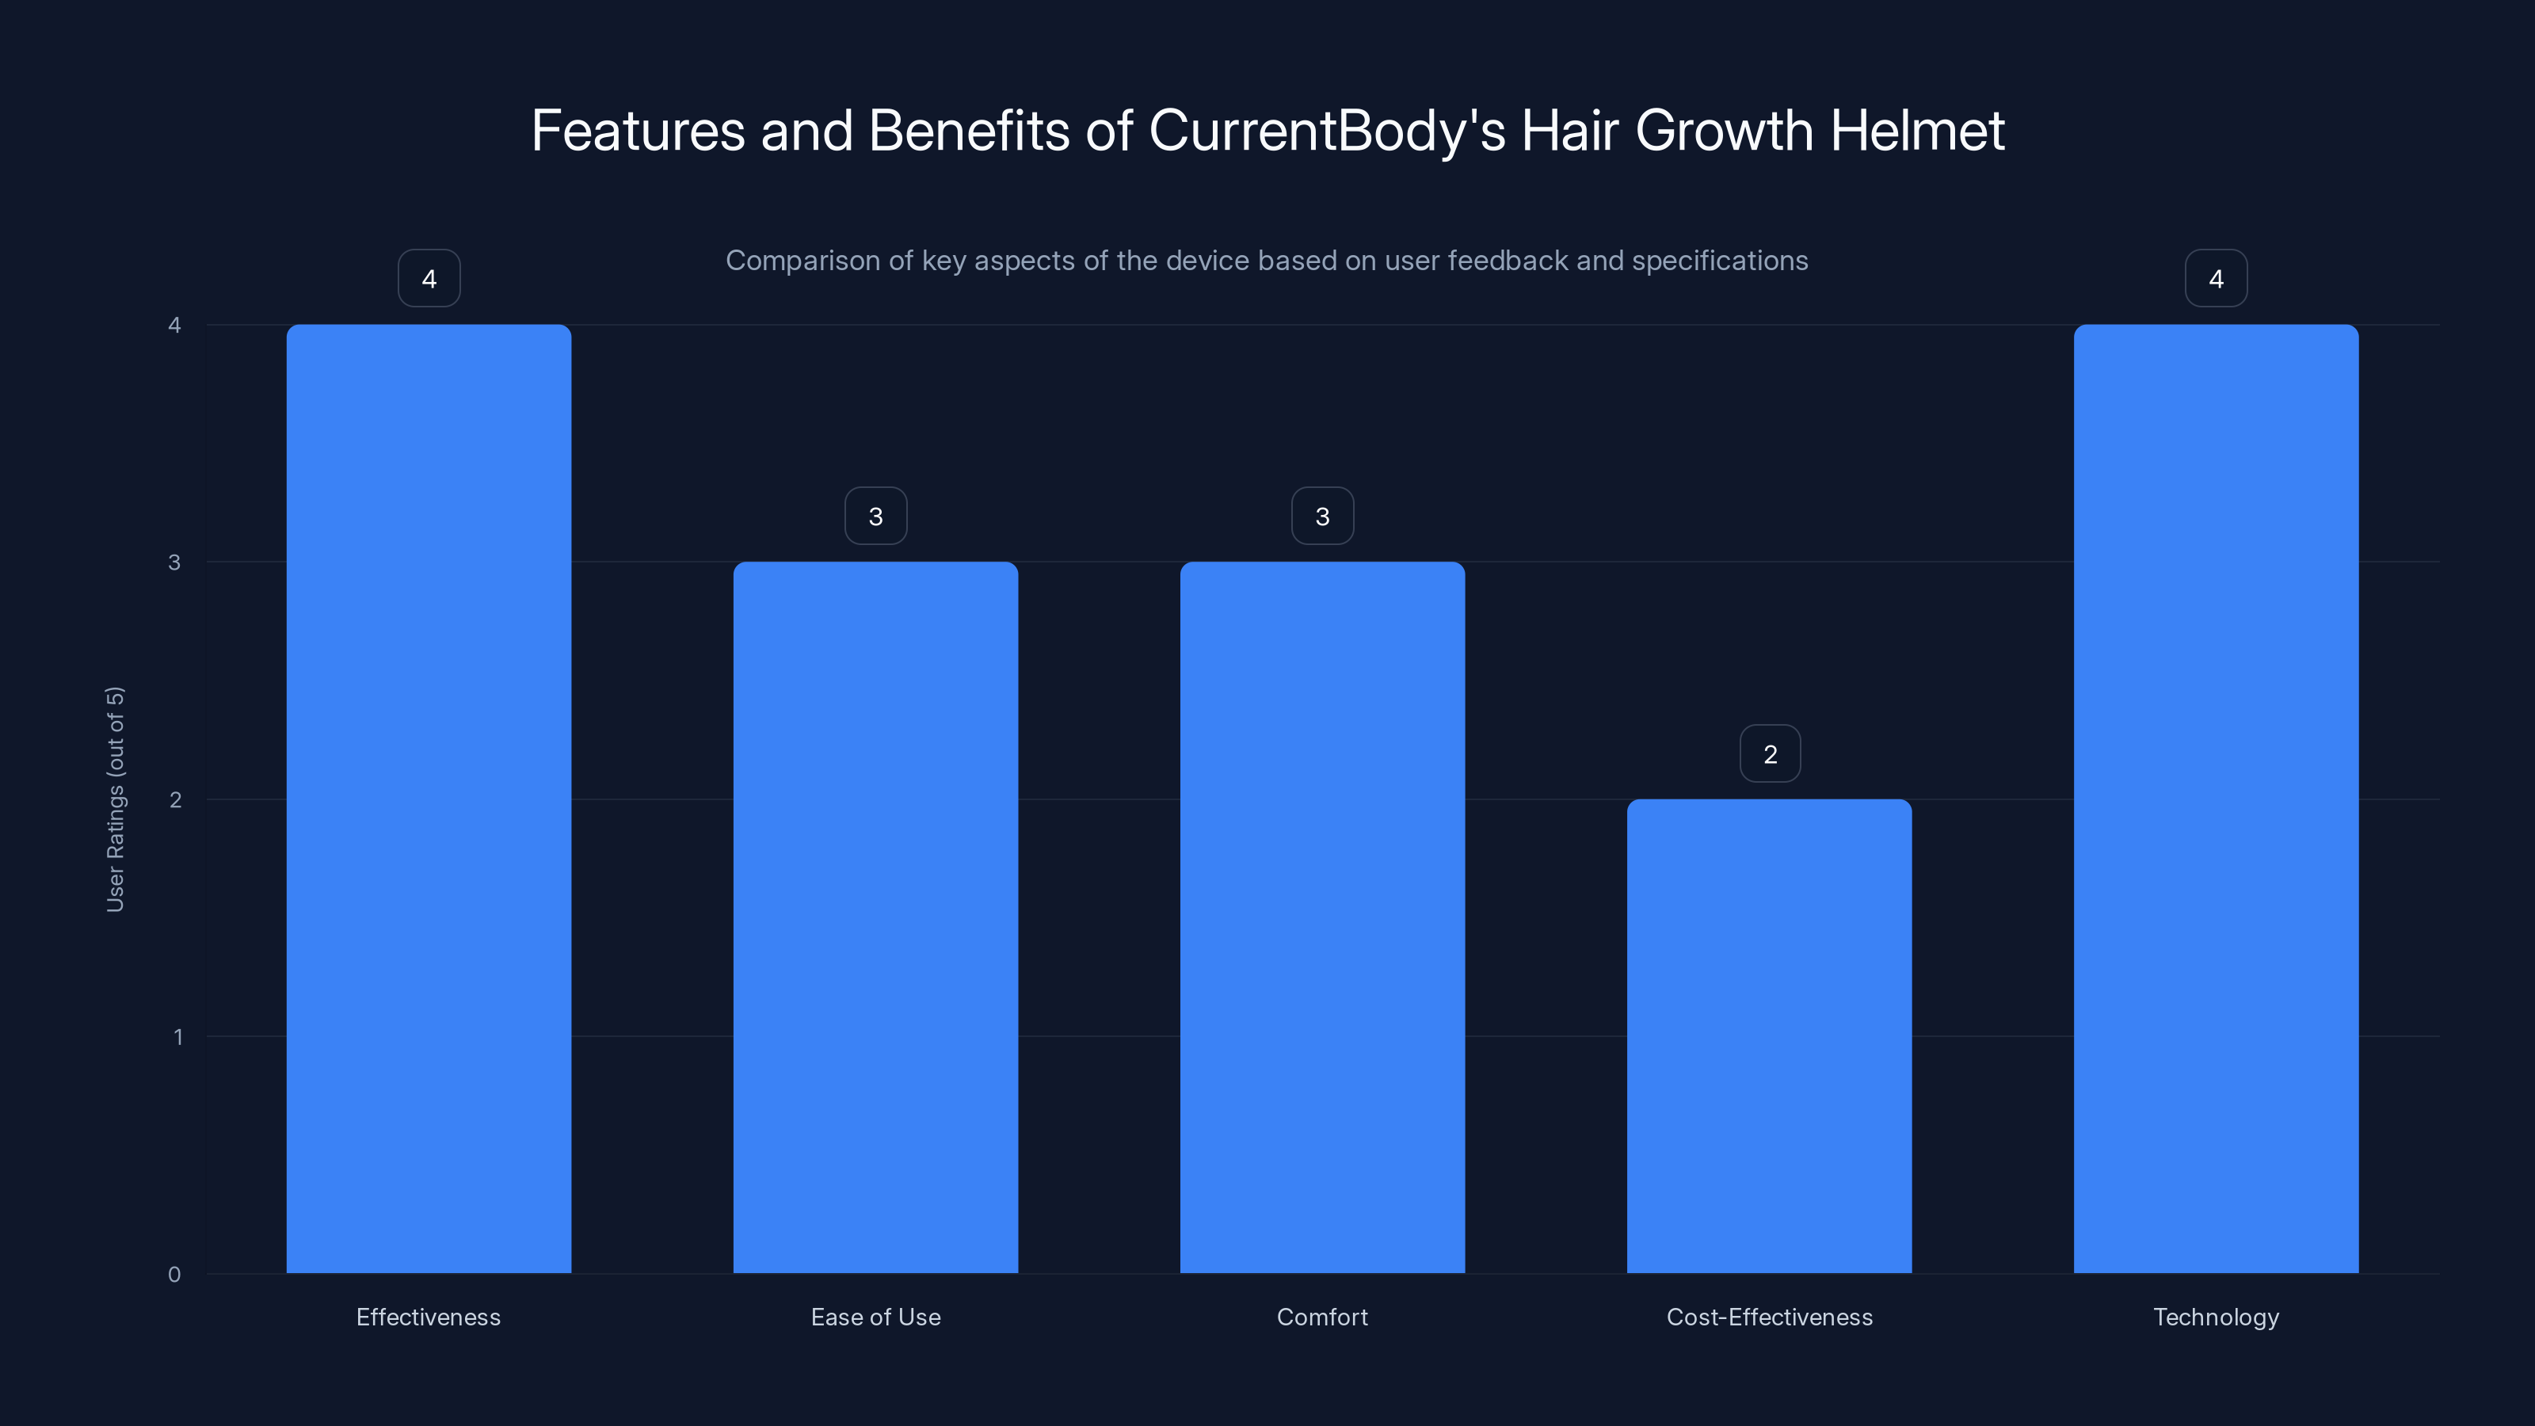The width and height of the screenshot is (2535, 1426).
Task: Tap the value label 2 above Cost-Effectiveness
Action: point(1770,754)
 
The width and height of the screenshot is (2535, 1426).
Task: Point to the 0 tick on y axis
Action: point(174,1275)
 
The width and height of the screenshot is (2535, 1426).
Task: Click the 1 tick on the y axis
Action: point(177,1036)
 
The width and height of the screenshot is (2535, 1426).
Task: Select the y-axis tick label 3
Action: point(174,562)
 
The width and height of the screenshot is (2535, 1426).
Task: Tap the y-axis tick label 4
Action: point(174,325)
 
